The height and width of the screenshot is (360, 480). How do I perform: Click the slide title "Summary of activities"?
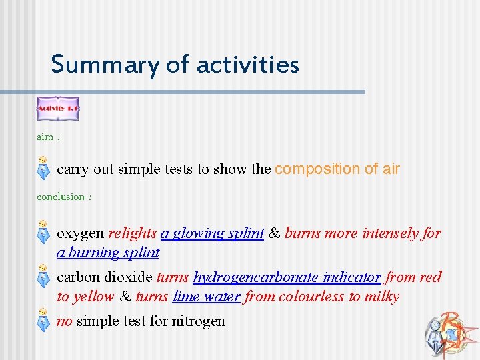click(x=175, y=65)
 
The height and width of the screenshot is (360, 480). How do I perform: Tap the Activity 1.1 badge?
click(x=57, y=108)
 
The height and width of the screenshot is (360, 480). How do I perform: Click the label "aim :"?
click(x=48, y=137)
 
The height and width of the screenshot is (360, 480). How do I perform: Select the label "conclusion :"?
click(x=64, y=197)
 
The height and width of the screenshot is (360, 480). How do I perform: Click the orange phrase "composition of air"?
click(x=337, y=169)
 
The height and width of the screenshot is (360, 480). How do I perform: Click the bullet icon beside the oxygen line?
click(x=42, y=233)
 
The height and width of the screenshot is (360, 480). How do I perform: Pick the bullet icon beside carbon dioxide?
click(x=42, y=277)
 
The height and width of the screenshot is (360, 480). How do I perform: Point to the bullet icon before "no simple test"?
click(x=42, y=321)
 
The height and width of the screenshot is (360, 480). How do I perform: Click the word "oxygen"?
click(x=80, y=233)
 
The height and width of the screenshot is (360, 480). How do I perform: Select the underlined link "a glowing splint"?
click(x=212, y=233)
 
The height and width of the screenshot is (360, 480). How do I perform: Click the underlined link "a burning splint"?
click(x=108, y=253)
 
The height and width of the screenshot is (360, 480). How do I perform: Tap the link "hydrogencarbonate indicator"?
click(x=287, y=277)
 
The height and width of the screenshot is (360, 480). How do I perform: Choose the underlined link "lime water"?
click(x=206, y=297)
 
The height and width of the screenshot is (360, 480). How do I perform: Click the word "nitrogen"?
click(x=199, y=321)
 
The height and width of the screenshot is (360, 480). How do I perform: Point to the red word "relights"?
click(x=132, y=233)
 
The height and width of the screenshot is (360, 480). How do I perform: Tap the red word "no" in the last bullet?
click(x=65, y=321)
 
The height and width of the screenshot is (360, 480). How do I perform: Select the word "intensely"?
click(x=389, y=233)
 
